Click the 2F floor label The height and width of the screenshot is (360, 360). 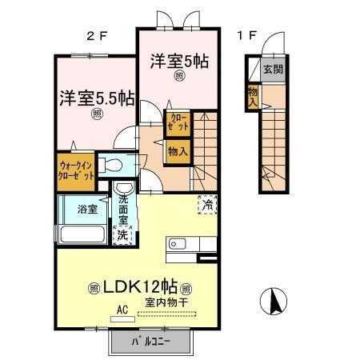click(x=98, y=36)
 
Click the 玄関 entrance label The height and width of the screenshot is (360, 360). click(x=273, y=69)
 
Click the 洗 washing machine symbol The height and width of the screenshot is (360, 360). click(x=124, y=235)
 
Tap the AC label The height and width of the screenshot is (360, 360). click(x=123, y=306)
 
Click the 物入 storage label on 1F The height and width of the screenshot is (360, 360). click(x=253, y=97)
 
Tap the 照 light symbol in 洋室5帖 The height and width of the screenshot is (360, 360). click(x=178, y=76)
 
